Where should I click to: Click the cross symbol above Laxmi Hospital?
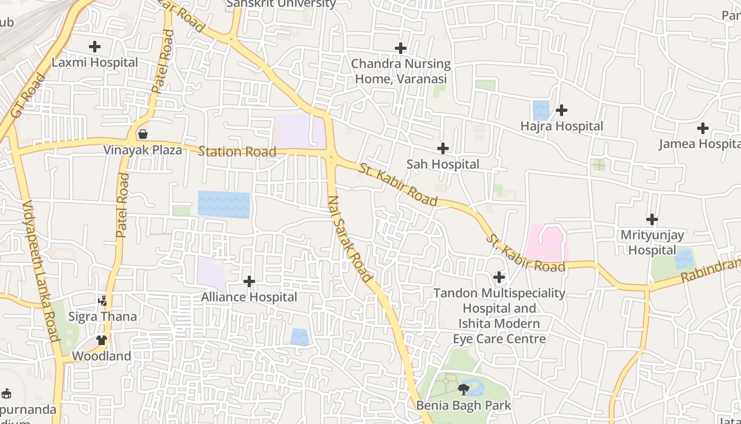[95, 47]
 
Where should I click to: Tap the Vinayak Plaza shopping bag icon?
[142, 134]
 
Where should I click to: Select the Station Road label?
[237, 152]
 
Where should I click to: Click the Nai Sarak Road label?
[350, 238]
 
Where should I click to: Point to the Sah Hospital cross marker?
[443, 148]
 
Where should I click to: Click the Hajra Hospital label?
[562, 126]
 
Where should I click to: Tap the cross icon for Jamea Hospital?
[702, 128]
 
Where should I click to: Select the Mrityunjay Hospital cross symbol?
[652, 219]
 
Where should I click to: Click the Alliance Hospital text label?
[249, 297]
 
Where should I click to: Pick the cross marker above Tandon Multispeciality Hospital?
[499, 277]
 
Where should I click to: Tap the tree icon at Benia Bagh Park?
[464, 390]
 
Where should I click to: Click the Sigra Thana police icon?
[103, 301]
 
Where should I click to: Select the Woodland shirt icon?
[102, 340]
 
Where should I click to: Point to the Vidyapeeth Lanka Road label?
[40, 270]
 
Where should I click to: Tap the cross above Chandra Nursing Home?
[401, 48]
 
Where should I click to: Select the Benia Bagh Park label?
[464, 406]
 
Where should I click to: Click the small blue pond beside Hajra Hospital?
[541, 110]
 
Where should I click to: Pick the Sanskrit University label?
[281, 4]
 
